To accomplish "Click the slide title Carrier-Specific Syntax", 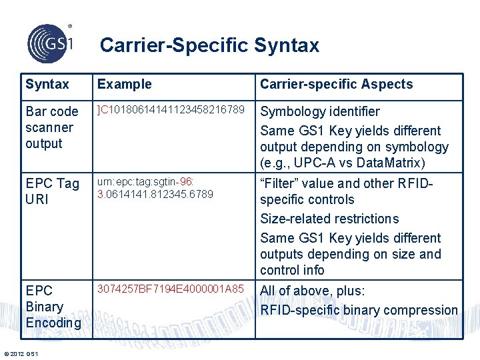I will tap(209, 45).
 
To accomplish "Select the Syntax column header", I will tap(47, 85).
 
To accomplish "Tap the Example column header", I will tap(125, 85).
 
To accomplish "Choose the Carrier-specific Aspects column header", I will tap(336, 85).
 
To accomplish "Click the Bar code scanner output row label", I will tap(51, 127).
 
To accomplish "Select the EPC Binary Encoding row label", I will tap(53, 307).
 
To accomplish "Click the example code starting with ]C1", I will tap(175, 109).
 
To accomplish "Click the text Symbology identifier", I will tap(319, 111).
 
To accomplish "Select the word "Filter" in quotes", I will tap(280, 183).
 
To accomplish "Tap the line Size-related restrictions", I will tap(329, 219).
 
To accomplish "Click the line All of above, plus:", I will tap(312, 291).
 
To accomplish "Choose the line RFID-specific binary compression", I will tap(358, 310).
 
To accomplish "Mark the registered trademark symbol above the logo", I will tap(70, 27).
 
